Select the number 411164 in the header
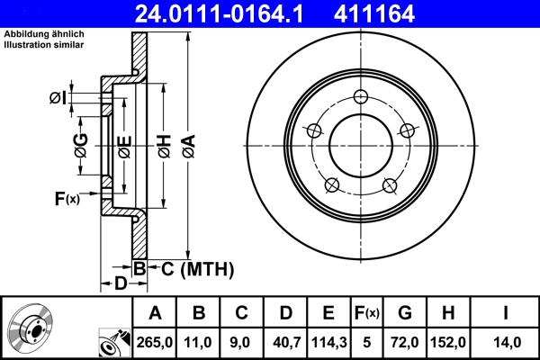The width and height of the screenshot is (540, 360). click(x=401, y=13)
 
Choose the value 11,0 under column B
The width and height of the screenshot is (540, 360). click(x=199, y=341)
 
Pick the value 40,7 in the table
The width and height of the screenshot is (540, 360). click(x=285, y=341)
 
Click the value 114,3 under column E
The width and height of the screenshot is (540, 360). click(x=328, y=341)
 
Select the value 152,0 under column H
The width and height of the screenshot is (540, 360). click(x=449, y=341)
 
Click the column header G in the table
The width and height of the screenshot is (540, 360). click(x=405, y=312)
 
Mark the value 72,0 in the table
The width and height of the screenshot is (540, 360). click(x=405, y=341)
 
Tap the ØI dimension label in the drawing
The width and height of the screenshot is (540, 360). click(x=58, y=97)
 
